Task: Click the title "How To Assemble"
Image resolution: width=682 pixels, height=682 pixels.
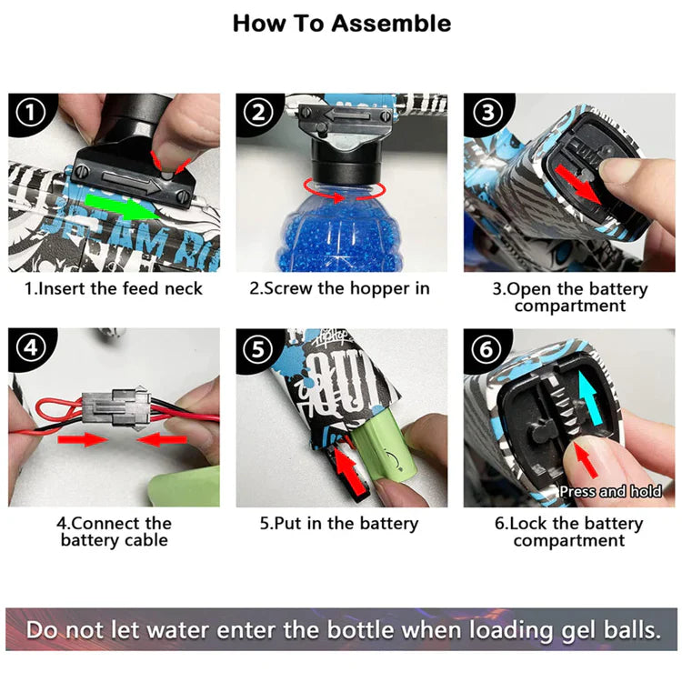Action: coord(341,24)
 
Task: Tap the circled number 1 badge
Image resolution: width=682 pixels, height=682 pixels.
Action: coord(30,113)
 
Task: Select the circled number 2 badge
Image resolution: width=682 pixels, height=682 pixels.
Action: coord(258,113)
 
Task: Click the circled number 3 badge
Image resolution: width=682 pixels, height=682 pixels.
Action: coord(487,112)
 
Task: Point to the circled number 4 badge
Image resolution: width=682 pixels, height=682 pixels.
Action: coord(30,348)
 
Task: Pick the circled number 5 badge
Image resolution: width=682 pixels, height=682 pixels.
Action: coord(258,349)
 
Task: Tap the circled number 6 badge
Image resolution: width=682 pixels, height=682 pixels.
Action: coord(486,349)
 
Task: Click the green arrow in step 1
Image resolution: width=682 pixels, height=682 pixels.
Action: coord(122,206)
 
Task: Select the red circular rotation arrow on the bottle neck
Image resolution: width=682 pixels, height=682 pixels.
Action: coord(344,191)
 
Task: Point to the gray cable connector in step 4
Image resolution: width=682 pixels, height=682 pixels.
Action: coord(116,406)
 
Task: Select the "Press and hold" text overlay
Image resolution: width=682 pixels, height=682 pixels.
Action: coord(610,491)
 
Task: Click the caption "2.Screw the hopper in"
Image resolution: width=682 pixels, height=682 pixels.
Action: coord(340,288)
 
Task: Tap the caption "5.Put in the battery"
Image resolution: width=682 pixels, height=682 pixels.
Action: coord(339,523)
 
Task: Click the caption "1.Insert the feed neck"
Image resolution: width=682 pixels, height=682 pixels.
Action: coord(114,288)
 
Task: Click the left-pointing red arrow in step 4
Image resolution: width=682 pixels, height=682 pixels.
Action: coord(162,440)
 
